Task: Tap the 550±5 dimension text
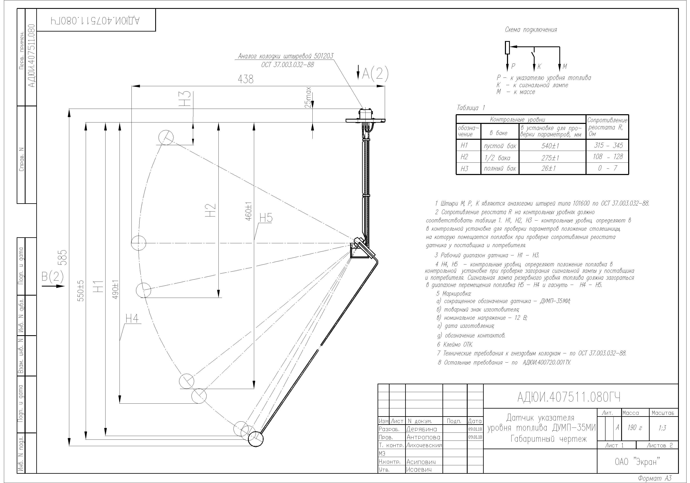(81, 291)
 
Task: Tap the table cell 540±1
(550, 146)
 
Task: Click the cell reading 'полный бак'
(500, 168)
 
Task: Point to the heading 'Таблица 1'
(471, 108)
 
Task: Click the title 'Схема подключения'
(531, 29)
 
